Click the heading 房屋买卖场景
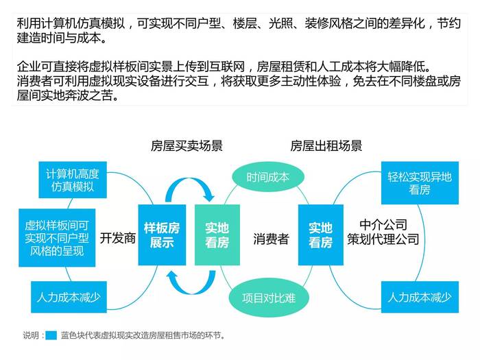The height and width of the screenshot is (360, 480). click(187, 145)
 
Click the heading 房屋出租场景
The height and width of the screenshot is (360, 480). click(326, 145)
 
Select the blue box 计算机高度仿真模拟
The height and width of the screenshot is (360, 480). click(73, 180)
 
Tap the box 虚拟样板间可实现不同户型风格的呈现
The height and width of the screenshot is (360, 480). click(57, 238)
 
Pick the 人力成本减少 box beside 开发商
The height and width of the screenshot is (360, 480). click(69, 297)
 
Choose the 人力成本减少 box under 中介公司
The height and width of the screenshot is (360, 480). click(420, 297)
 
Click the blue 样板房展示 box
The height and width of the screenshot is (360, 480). click(162, 235)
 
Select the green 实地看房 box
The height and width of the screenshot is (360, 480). click(217, 235)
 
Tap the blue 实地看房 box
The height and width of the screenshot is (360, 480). click(320, 235)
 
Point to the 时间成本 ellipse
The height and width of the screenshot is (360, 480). click(268, 177)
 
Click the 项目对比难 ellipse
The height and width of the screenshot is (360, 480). click(269, 298)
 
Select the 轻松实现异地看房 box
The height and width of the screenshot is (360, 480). click(420, 183)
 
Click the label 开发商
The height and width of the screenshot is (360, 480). click(118, 238)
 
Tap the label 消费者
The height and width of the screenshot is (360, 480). click(272, 239)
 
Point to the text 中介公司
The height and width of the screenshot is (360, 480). click(383, 225)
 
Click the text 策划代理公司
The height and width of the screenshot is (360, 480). click(383, 239)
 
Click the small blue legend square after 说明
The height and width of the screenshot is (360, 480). click(51, 335)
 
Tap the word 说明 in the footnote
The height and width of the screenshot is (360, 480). click(31, 335)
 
